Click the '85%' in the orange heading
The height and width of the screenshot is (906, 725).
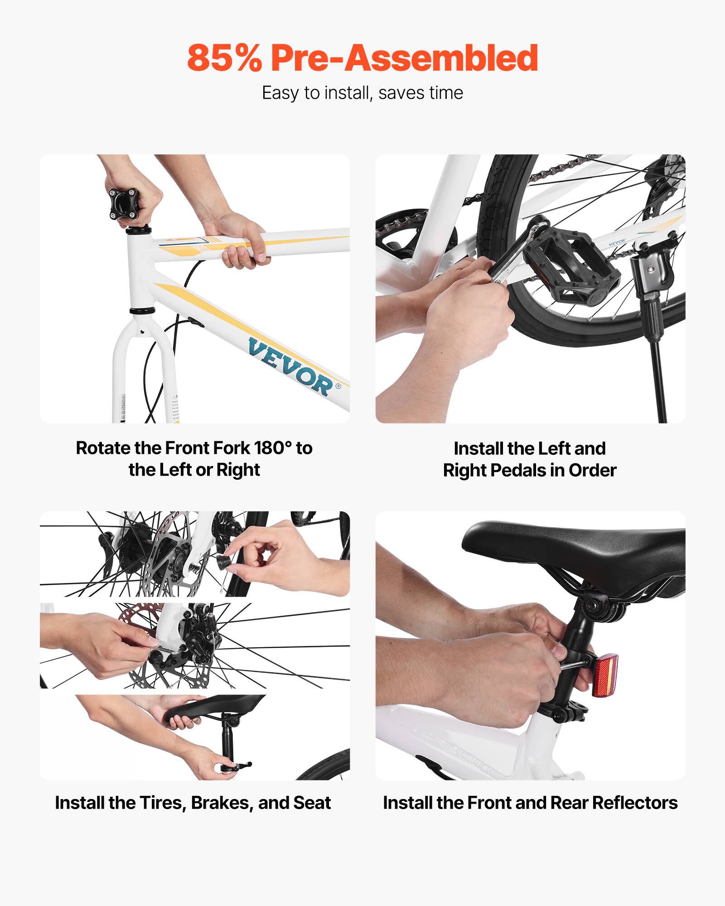(224, 58)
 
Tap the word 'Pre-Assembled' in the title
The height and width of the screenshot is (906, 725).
(404, 58)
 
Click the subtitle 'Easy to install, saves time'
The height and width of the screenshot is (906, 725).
(362, 93)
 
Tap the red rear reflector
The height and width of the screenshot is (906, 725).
(605, 675)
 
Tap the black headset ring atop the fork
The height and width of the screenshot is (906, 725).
(142, 311)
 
